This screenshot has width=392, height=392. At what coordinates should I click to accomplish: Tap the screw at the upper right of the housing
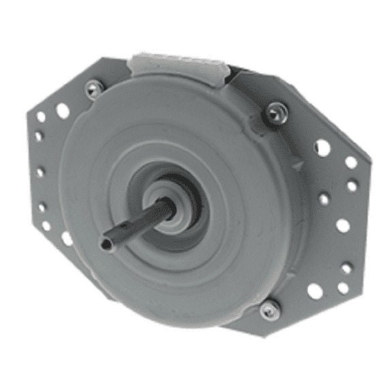[276, 112]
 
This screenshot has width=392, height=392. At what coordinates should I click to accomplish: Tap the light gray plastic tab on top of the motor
[178, 63]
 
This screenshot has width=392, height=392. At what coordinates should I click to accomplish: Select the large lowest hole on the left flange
[67, 238]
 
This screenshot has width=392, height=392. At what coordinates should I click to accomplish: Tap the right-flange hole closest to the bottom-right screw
[314, 291]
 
